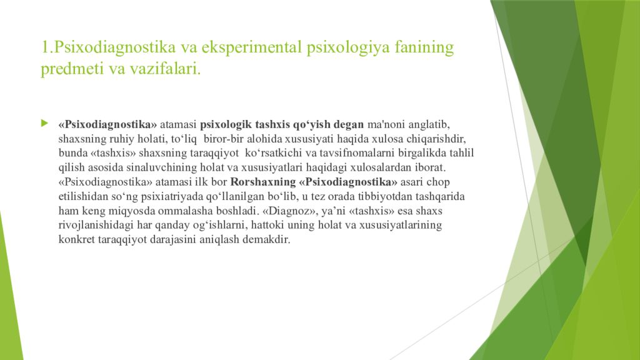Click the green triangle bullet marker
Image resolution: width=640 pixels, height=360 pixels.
click(x=44, y=123)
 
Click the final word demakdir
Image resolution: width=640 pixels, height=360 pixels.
click(x=270, y=241)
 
